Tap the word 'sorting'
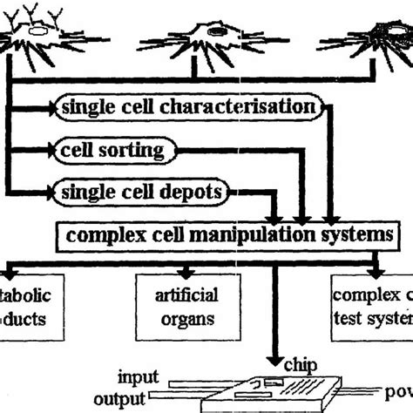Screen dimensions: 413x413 [134, 150]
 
